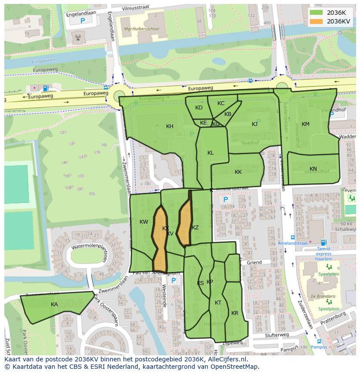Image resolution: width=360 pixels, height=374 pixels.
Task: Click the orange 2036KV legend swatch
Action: [316, 21]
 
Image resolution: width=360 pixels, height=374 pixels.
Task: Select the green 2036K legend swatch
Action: [316, 13]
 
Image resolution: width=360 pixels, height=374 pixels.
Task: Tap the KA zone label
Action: [54, 304]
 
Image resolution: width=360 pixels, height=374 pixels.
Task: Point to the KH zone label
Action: [170, 126]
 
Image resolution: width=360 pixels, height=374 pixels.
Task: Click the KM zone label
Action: [306, 124]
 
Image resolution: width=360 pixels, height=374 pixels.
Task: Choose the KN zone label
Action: [313, 169]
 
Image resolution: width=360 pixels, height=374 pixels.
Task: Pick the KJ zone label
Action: [254, 124]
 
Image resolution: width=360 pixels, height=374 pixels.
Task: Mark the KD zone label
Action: [199, 108]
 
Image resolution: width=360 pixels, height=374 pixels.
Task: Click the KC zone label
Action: [221, 103]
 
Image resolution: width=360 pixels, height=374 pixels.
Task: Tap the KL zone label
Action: [210, 153]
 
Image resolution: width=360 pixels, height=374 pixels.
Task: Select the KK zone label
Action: [238, 172]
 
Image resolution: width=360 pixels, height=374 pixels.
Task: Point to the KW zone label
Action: [143, 222]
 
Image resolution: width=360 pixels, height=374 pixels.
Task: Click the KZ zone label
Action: [195, 228]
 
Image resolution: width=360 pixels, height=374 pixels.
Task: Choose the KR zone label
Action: [235, 313]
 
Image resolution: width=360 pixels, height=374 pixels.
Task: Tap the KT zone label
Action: [218, 303]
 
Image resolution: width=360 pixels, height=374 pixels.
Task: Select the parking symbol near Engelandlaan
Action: [82, 21]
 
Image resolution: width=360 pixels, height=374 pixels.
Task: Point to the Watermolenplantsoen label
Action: [89, 247]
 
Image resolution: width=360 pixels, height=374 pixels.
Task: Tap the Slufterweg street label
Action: [277, 334]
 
